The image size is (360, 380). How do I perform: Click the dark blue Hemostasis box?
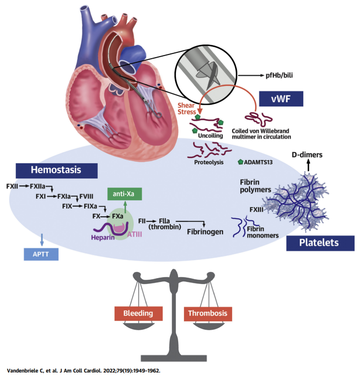point(56,170)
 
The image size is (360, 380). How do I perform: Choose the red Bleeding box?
point(138,313)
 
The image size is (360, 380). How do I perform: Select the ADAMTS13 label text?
point(259,162)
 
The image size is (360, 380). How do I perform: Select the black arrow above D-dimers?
point(308,166)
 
